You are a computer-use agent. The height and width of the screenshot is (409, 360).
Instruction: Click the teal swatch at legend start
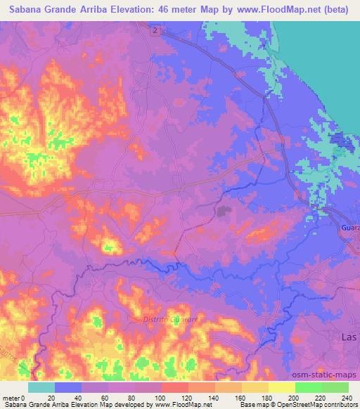[41, 387]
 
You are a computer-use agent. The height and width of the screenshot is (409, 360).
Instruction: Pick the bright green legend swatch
[308, 387]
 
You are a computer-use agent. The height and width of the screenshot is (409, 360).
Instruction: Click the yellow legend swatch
[281, 387]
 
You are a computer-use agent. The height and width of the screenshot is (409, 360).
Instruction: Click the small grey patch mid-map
[224, 209]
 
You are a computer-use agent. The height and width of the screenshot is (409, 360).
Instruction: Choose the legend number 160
[241, 398]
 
